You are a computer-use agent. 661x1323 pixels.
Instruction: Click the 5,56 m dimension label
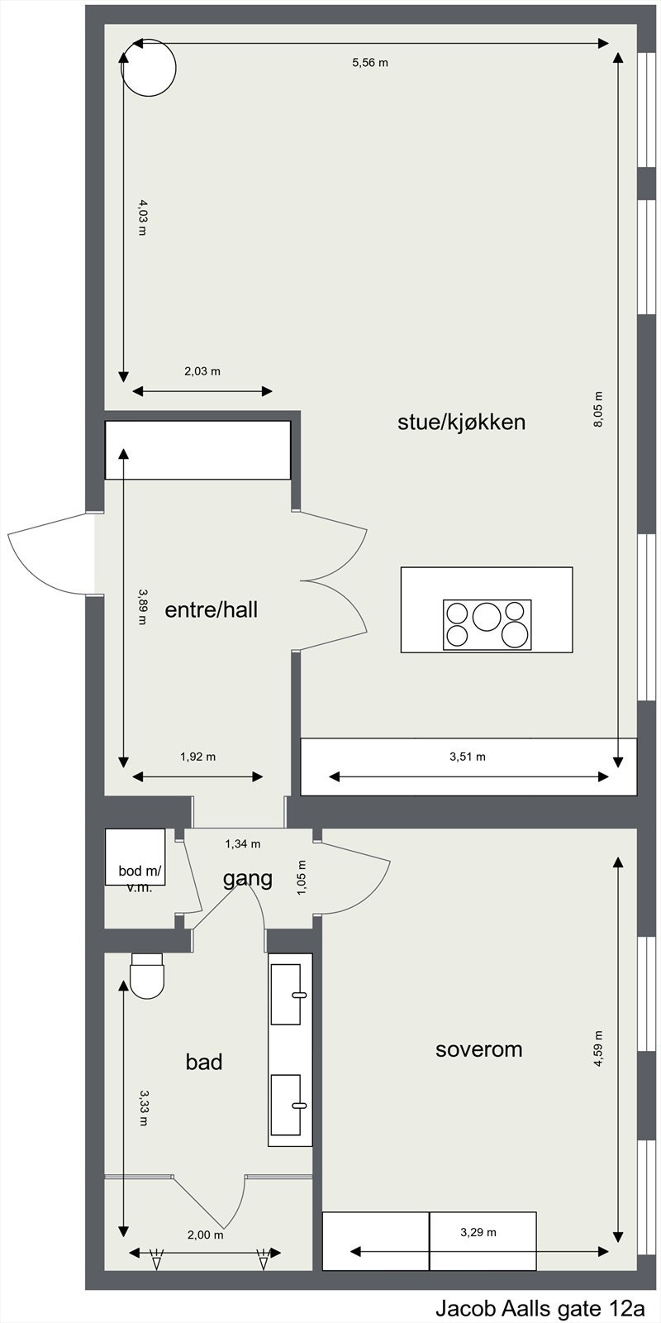click(x=369, y=62)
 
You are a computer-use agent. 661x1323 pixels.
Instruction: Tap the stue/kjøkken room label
click(x=461, y=423)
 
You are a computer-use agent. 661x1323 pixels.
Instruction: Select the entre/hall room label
click(x=212, y=610)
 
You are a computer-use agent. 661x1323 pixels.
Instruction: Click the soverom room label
click(x=478, y=1049)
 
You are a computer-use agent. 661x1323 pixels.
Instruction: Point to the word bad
click(x=204, y=1062)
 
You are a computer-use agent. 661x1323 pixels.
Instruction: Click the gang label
click(x=247, y=878)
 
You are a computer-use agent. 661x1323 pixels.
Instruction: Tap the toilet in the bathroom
click(x=148, y=976)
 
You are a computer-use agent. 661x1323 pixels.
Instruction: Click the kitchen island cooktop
click(x=487, y=624)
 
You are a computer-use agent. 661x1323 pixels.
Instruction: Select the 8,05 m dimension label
click(x=599, y=409)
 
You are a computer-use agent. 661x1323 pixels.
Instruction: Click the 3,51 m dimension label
click(x=468, y=756)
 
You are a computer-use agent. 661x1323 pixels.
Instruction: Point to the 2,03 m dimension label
click(x=202, y=371)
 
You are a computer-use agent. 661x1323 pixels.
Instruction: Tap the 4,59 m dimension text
click(x=599, y=1049)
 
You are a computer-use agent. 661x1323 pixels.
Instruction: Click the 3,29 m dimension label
click(x=478, y=1232)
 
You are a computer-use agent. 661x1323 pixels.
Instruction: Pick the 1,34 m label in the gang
click(x=243, y=844)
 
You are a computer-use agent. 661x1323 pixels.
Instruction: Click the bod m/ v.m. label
click(x=141, y=878)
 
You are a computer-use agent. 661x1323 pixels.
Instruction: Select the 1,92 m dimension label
click(x=197, y=756)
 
